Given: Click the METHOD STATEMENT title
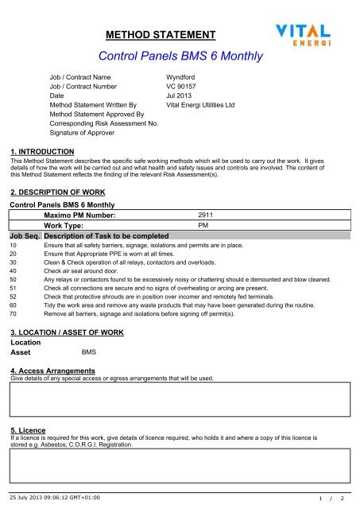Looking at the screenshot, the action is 161,35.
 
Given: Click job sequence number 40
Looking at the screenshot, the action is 13,271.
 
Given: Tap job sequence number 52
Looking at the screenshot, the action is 13,297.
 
